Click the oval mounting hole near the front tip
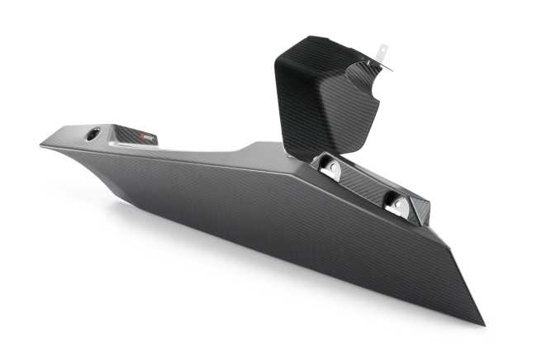[92, 133]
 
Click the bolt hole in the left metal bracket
[331, 168]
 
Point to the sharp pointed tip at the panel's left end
[41, 146]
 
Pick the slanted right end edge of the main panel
[467, 281]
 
